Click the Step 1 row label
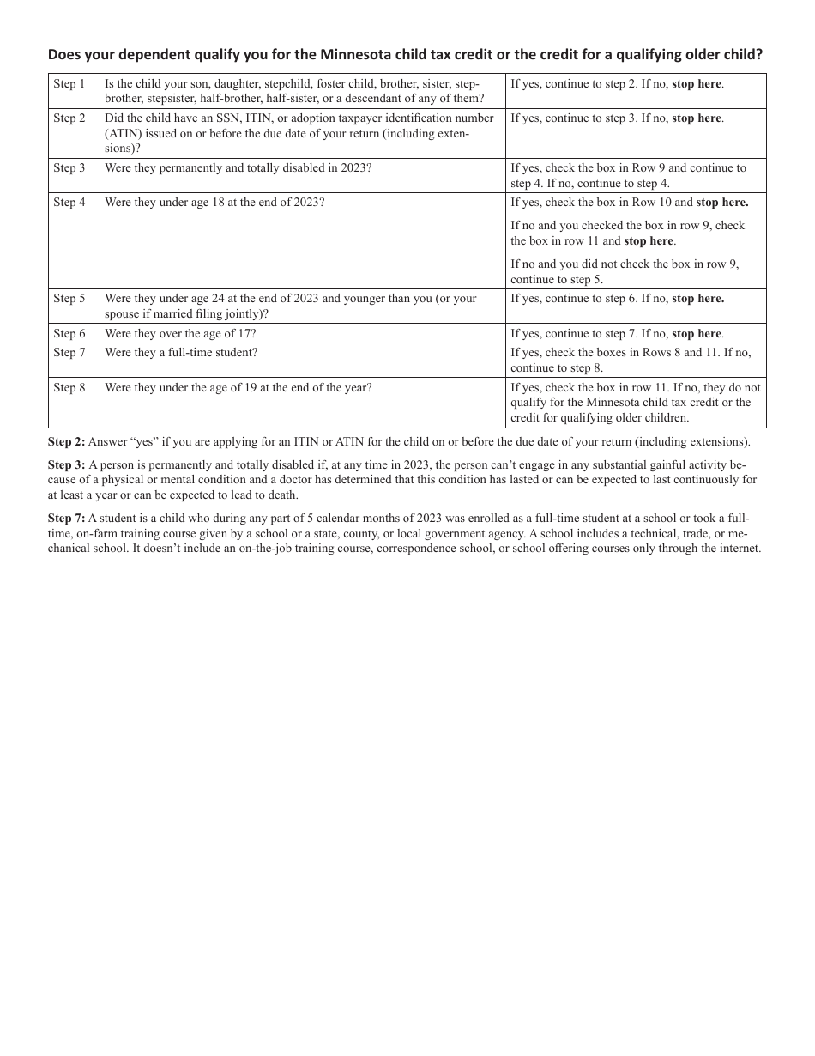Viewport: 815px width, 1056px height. pos(69,84)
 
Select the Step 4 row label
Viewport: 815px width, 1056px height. pos(69,203)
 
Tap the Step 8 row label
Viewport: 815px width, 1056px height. pos(69,388)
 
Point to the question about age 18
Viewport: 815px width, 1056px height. pos(214,203)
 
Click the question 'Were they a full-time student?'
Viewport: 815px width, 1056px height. pos(181,353)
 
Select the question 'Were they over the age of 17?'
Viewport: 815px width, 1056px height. pos(180,334)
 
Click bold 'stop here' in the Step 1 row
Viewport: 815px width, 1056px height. pos(697,84)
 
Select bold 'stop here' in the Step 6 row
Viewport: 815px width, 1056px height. pos(697,334)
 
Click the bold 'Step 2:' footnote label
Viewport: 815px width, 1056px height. pos(66,442)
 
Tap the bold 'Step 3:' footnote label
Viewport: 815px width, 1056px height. pos(66,465)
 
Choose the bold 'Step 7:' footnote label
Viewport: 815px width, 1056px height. pos(66,519)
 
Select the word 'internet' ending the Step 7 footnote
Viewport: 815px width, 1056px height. pos(739,549)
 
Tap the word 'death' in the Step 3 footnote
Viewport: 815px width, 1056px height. pos(281,495)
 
